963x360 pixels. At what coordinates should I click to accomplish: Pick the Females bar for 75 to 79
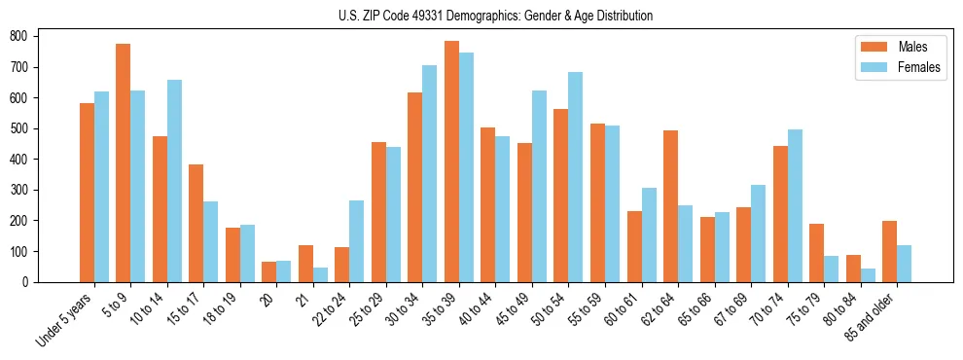pyautogui.click(x=831, y=269)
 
